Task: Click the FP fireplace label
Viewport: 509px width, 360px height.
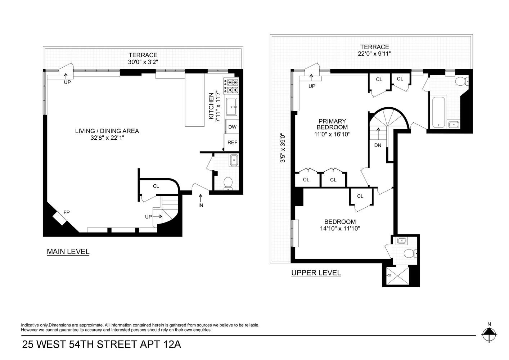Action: coord(66,212)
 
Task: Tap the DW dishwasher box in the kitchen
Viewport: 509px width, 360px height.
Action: coord(232,127)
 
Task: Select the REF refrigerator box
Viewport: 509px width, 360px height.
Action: coord(232,142)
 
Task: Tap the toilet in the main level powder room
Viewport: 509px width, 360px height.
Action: coord(228,183)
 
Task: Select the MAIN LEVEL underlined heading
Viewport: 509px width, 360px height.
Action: coord(68,252)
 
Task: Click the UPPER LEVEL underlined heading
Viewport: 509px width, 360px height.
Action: coord(316,273)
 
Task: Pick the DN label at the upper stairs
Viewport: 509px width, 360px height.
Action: coord(378,145)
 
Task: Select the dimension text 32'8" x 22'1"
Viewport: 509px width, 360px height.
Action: coord(107,137)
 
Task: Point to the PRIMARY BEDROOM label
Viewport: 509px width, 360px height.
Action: coord(332,124)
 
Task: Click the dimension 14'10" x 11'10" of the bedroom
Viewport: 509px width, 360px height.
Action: coord(340,228)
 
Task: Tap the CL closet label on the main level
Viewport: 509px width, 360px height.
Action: coord(156,186)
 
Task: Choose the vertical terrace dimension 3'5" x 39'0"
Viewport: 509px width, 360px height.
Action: coord(283,148)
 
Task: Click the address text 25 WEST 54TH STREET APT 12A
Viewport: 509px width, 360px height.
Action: coord(102,345)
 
